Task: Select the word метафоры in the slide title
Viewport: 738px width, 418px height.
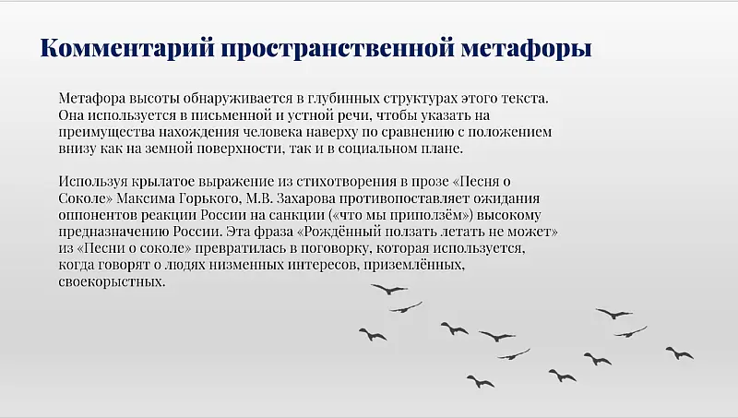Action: pyautogui.click(x=530, y=48)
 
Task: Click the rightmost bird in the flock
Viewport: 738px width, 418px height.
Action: pyautogui.click(x=680, y=352)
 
